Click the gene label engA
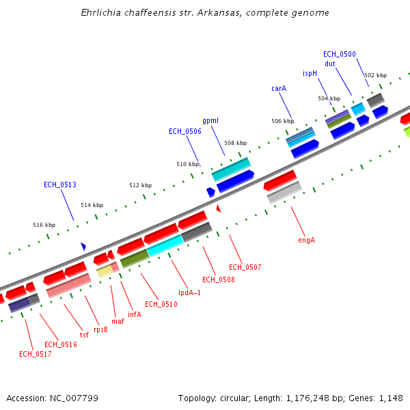click(306, 240)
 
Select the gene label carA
click(279, 88)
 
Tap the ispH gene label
click(310, 73)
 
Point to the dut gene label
click(330, 64)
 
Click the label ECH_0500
click(340, 54)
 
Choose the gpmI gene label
click(210, 121)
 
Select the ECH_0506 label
click(185, 131)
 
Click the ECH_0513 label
click(60, 184)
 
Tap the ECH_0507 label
click(245, 267)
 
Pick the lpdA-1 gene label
click(190, 292)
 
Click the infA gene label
click(135, 314)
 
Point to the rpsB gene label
click(101, 329)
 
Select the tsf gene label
click(84, 335)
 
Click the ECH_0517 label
click(36, 354)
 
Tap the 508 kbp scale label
click(235, 143)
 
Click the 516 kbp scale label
click(44, 225)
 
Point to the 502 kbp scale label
click(375, 75)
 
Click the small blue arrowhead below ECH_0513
click(83, 246)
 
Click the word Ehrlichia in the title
click(102, 13)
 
